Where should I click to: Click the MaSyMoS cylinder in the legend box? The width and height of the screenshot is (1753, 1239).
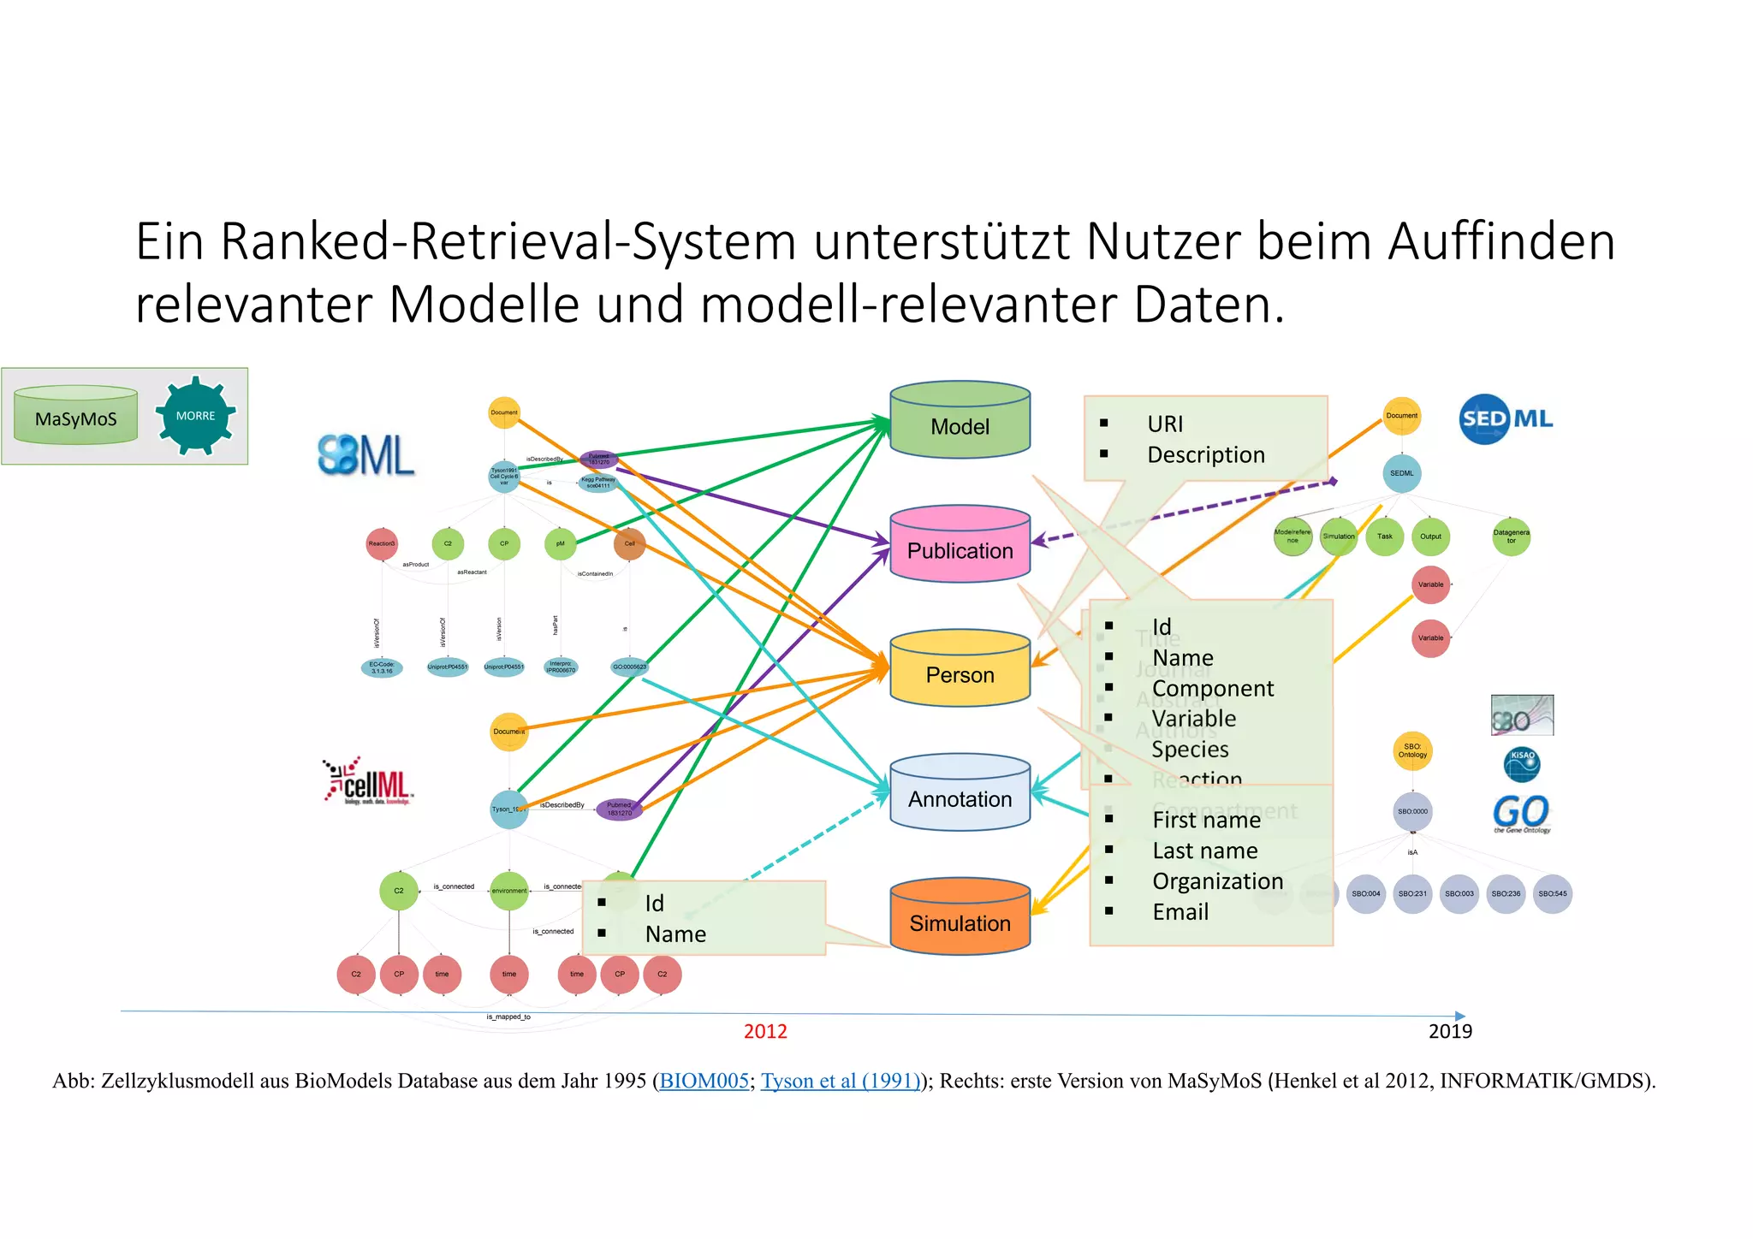(75, 417)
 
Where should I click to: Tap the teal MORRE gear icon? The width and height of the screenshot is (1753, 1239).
(196, 416)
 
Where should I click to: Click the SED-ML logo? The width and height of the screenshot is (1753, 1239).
(1506, 418)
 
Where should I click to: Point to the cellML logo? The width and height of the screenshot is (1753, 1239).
(369, 780)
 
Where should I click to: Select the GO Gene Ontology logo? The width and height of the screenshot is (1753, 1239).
(1521, 814)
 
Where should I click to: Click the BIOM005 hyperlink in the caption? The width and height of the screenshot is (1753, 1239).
(704, 1081)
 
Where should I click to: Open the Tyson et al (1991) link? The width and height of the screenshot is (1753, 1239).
(841, 1081)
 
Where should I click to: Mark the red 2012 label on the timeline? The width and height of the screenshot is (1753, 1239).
(765, 1031)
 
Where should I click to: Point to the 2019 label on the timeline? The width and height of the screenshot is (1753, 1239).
(1450, 1031)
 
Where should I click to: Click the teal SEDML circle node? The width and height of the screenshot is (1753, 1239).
(1402, 473)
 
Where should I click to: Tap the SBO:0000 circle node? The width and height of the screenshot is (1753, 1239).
(1412, 811)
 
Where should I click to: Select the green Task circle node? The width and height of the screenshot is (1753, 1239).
(1385, 537)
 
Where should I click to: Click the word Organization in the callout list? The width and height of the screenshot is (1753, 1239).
(1217, 881)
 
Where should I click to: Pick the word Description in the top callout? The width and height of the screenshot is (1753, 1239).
(1205, 455)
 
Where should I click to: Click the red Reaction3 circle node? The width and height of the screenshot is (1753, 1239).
(382, 543)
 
